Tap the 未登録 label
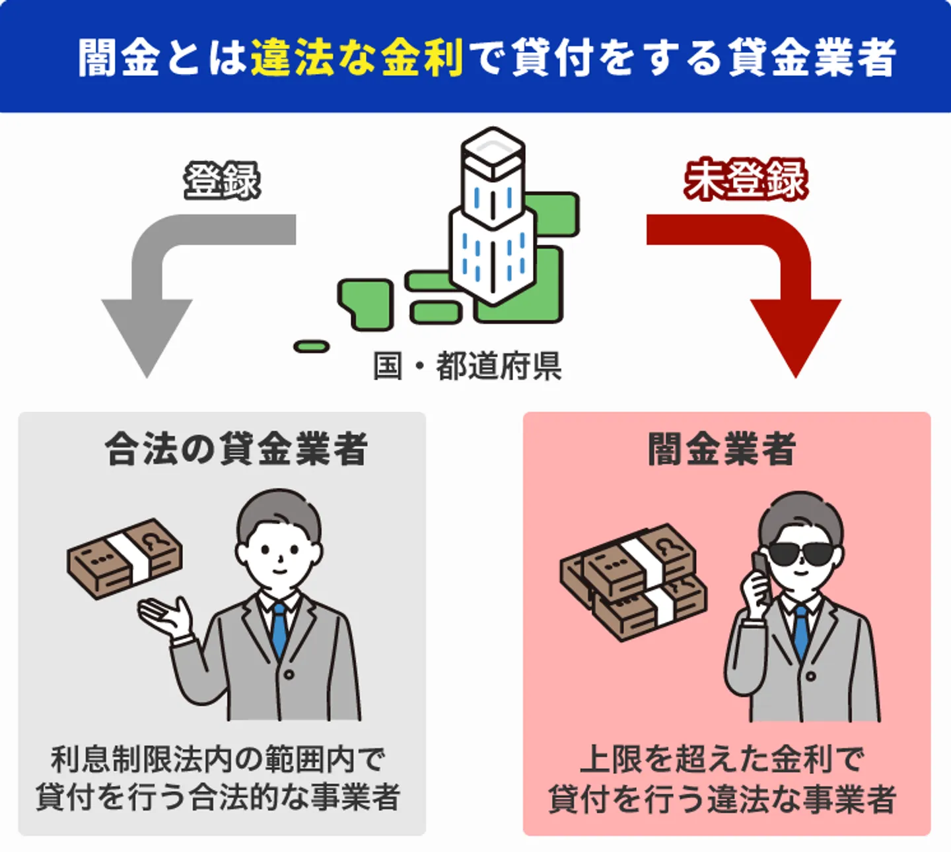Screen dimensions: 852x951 746,180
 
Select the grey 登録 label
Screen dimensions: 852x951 222,180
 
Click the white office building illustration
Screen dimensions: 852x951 492,218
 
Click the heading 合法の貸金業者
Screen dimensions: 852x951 236,449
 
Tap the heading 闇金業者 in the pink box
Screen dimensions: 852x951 721,449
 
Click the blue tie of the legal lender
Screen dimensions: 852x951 279,628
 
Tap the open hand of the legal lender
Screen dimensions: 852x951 165,616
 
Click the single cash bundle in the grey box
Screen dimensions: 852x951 125,558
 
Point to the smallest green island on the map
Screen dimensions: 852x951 311,346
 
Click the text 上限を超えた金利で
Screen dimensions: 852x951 722,759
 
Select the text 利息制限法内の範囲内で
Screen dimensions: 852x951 218,759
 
